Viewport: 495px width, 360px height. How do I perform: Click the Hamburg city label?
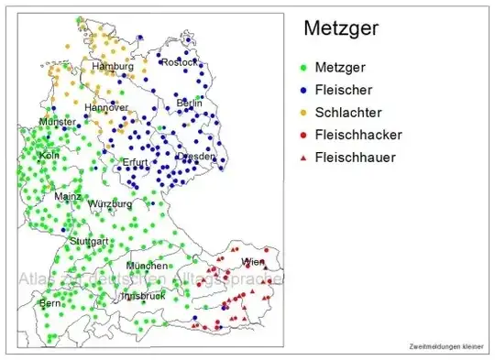pos(113,67)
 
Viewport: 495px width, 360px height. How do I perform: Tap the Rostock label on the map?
pos(180,62)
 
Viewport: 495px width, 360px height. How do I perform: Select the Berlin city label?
pos(190,103)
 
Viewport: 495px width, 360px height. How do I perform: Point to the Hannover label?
pos(106,107)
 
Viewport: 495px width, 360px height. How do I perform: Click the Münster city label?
pos(58,122)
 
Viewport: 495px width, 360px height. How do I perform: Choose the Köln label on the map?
pos(49,156)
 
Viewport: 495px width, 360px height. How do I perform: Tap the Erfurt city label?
pos(136,162)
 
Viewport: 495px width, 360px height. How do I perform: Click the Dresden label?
pos(196,157)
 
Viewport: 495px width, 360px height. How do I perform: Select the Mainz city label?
pos(68,196)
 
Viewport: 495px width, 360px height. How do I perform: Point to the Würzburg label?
pos(109,203)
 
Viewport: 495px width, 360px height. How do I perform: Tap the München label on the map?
pos(147,266)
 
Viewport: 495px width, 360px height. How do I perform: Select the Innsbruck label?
pos(142,296)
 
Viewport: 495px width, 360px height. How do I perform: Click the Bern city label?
pos(49,302)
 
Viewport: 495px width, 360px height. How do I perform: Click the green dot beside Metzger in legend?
pos(303,69)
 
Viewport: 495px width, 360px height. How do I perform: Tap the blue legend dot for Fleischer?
pos(303,91)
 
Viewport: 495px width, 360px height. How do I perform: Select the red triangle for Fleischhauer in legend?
pos(303,157)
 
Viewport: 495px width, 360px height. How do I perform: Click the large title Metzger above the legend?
pos(341,29)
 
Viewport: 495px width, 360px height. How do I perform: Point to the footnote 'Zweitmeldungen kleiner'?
pos(446,346)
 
